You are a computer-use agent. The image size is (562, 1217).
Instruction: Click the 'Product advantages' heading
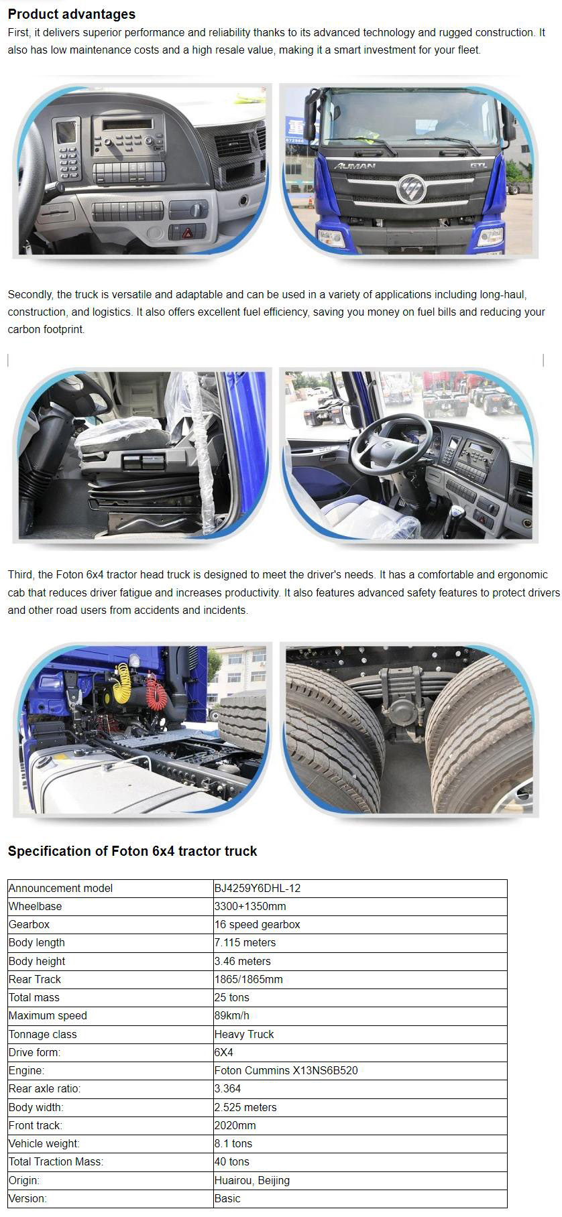(71, 14)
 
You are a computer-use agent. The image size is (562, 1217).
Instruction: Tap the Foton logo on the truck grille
(410, 188)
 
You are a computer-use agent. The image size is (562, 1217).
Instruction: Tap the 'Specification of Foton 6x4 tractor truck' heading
(132, 851)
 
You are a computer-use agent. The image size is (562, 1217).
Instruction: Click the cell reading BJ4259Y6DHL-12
(258, 888)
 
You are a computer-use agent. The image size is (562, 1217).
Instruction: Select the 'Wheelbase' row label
(36, 906)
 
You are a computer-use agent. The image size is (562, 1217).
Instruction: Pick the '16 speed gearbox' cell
(258, 924)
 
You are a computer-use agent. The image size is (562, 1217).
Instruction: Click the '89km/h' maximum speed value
(232, 1015)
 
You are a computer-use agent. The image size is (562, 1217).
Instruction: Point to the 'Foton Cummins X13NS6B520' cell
(286, 1070)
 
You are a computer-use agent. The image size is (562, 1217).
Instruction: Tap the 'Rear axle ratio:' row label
(45, 1088)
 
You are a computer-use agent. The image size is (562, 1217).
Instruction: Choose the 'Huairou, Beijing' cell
(252, 1180)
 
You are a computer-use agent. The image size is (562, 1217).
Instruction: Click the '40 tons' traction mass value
(232, 1161)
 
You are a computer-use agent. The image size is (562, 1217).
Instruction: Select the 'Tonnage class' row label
(43, 1034)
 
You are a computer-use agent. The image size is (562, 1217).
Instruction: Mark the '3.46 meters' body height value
(243, 961)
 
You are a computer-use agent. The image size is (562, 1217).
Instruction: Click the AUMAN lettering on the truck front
(355, 166)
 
